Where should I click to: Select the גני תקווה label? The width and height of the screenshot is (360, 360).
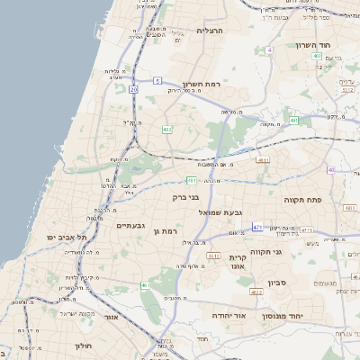pos(267,251)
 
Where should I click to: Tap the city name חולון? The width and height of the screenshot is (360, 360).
pos(80,344)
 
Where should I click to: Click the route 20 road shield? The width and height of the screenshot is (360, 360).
pos(133,89)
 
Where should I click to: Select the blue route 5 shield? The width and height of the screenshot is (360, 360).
pos(157,80)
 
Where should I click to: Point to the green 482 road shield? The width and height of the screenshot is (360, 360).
pos(166,130)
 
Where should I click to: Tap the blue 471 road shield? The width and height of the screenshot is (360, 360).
pos(257,227)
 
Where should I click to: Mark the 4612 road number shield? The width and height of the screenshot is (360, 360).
pos(213,256)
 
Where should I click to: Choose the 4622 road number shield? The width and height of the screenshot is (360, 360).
pos(256,292)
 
